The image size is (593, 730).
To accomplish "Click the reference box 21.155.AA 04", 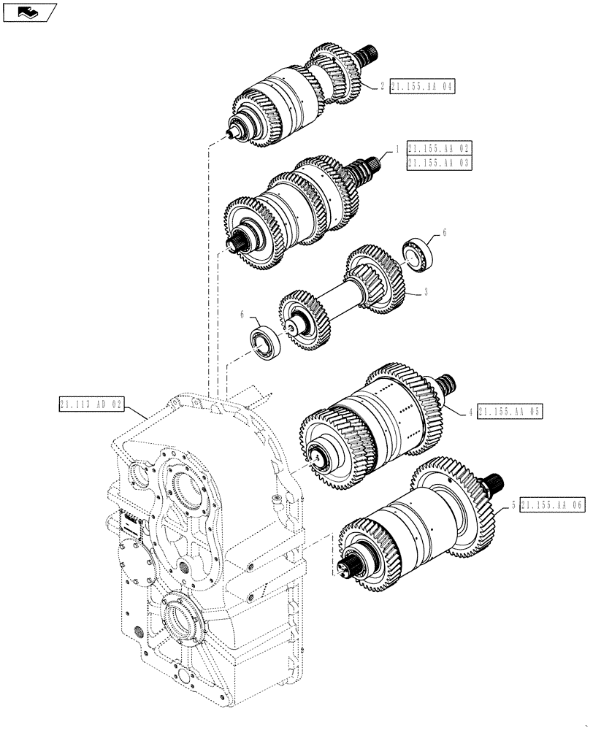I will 421,86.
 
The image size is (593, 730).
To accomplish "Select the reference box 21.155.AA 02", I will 440,148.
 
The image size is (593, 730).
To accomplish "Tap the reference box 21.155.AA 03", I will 440,163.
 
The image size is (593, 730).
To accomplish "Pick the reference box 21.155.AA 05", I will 510,412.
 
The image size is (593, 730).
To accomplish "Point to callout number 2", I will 381,86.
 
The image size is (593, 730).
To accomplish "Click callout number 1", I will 397,148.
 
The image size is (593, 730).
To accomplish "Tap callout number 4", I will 471,412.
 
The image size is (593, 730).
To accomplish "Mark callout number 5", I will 514,504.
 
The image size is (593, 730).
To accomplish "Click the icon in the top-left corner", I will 28,11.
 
